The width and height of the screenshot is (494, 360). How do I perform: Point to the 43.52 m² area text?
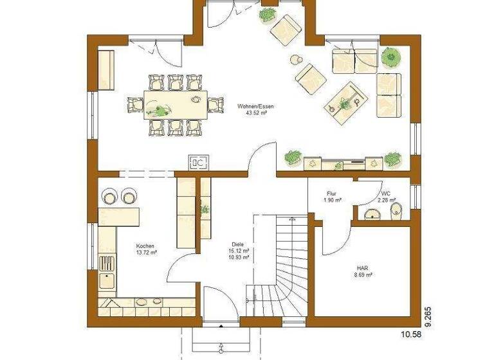[x=252, y=113]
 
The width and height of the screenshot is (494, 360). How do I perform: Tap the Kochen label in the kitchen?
[x=145, y=246]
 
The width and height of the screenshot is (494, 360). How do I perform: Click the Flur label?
[x=332, y=193]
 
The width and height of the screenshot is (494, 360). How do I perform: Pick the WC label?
[x=385, y=193]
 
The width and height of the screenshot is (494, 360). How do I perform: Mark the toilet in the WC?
[x=396, y=210]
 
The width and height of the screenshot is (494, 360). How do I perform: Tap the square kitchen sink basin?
[x=106, y=282]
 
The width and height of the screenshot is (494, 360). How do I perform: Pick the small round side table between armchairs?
[x=296, y=60]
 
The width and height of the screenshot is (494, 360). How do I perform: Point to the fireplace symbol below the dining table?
[x=198, y=162]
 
